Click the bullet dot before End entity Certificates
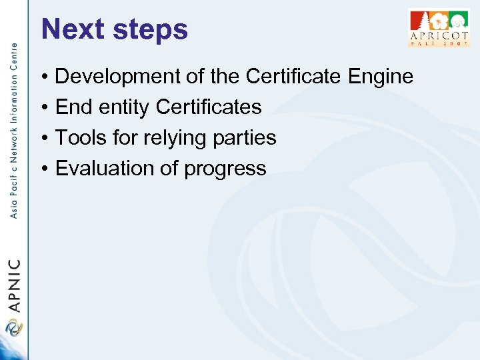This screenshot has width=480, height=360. coord(43,107)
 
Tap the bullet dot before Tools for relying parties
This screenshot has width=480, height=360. coord(43,138)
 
